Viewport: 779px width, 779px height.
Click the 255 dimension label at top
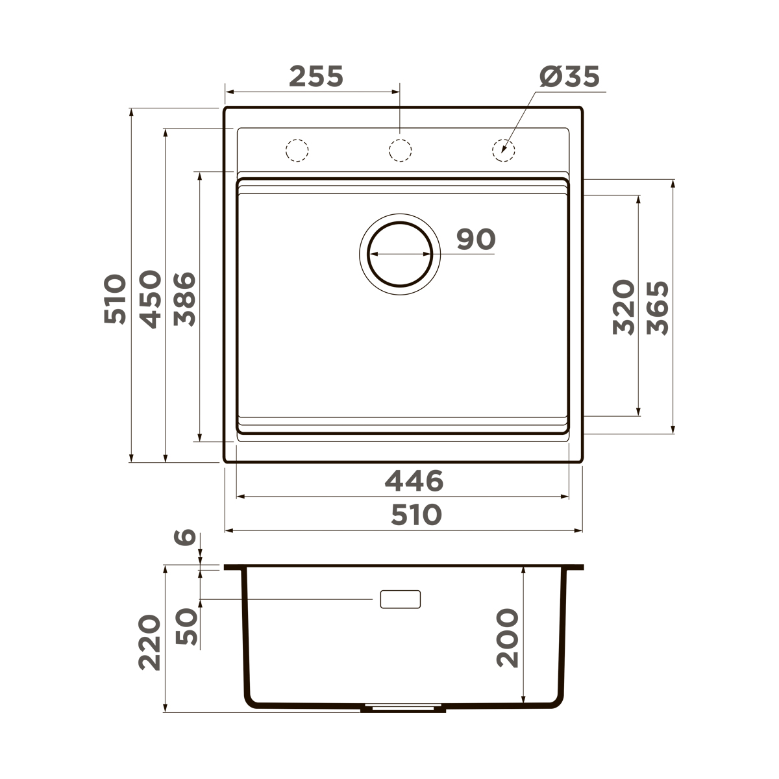coord(315,77)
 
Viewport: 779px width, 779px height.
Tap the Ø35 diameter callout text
coord(569,77)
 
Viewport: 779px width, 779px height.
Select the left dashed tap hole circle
coord(297,150)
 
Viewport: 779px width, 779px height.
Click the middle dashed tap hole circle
coord(399,150)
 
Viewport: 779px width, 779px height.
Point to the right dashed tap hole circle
coord(502,150)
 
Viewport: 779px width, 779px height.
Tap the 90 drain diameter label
coord(475,240)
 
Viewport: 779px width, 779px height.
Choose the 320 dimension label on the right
coord(623,307)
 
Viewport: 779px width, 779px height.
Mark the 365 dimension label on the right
coord(658,307)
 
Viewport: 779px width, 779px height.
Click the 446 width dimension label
coord(414,481)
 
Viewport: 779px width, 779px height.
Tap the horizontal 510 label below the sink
coord(416,515)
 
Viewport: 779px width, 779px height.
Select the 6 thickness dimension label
coord(186,537)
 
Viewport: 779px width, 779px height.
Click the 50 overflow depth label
coord(186,626)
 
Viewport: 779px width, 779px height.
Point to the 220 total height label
coord(150,642)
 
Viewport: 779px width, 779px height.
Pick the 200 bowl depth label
coord(508,637)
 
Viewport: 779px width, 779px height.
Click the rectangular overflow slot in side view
coord(400,599)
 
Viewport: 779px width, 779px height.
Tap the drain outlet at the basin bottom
coord(403,708)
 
